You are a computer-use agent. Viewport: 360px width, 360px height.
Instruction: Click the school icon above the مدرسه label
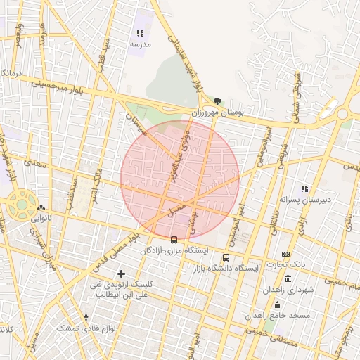point(140,33)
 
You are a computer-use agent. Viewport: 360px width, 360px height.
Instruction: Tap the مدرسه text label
point(140,44)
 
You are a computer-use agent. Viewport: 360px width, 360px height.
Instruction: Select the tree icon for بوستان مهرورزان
point(217,101)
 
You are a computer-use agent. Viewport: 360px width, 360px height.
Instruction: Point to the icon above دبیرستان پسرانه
point(304,188)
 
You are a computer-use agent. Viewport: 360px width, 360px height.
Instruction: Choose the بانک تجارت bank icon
point(285,254)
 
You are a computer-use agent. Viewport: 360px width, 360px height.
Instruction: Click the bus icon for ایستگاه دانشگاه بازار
point(226,257)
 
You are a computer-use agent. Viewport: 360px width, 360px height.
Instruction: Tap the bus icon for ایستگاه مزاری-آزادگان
point(174,240)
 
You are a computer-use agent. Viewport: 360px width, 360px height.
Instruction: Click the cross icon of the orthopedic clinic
point(122,273)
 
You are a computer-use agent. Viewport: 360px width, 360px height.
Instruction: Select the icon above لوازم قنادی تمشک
point(86,318)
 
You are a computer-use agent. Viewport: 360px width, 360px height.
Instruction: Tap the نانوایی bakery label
point(39,219)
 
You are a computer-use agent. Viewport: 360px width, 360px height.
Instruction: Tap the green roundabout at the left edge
point(22,205)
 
